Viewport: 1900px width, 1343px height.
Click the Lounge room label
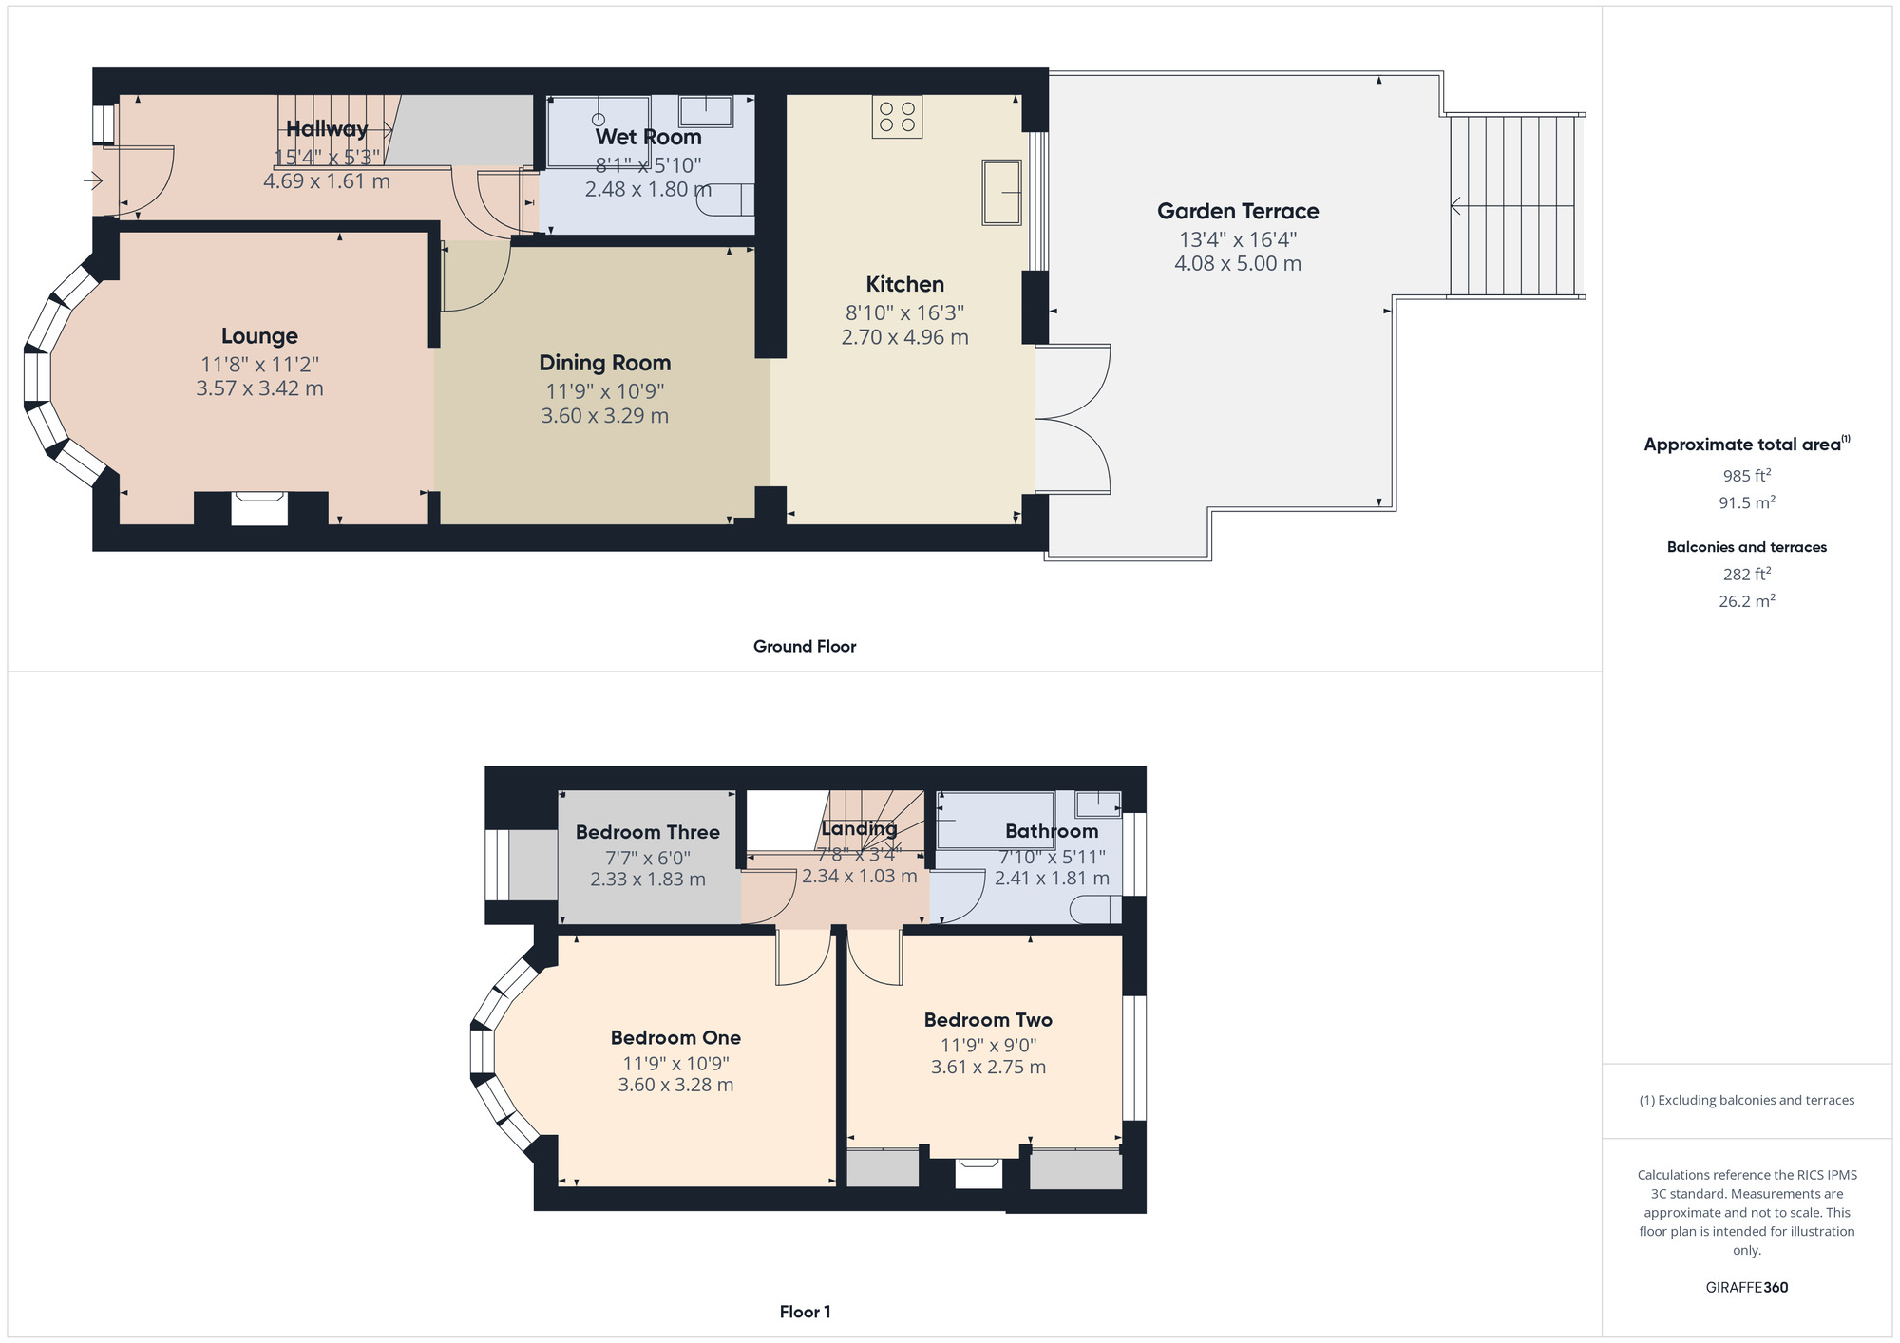click(x=259, y=335)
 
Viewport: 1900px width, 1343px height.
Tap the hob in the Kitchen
click(x=897, y=117)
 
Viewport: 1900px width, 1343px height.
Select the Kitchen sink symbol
click(x=1001, y=193)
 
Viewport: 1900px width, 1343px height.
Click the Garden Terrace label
click(x=1238, y=211)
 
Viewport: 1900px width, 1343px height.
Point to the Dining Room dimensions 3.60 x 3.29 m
click(x=605, y=416)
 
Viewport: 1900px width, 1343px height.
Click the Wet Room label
click(x=648, y=137)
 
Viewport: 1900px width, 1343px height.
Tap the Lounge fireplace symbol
click(x=259, y=508)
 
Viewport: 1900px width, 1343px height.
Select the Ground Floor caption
click(x=805, y=647)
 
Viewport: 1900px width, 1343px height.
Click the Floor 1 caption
click(x=805, y=1312)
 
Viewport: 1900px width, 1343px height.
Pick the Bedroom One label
click(x=675, y=1037)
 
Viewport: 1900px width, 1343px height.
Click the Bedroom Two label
click(x=988, y=1020)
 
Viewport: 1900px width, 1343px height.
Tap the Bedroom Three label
click(x=648, y=832)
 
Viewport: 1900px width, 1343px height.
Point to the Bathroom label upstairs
click(x=1052, y=831)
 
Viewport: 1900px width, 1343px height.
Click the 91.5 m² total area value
click(x=1747, y=501)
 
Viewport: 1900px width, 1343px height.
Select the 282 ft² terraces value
click(x=1747, y=574)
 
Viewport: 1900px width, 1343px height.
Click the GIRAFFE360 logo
click(x=1747, y=1288)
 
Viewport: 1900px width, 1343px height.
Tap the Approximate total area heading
click(x=1747, y=444)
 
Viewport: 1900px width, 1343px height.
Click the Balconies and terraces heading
click(x=1747, y=547)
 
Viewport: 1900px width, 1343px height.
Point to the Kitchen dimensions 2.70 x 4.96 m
click(x=905, y=337)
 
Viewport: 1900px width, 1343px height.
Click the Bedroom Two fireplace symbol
click(x=978, y=1173)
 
